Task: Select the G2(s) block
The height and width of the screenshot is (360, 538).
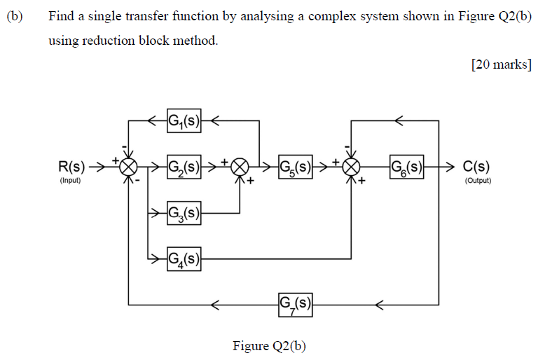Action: (184, 167)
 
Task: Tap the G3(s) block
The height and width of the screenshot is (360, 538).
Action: (184, 212)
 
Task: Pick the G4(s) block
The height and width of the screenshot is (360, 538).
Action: (184, 258)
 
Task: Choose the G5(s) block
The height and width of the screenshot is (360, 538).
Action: (295, 167)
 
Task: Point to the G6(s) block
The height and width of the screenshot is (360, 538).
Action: (406, 167)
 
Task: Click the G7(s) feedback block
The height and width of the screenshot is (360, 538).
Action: (295, 304)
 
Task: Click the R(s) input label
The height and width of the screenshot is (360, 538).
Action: (71, 167)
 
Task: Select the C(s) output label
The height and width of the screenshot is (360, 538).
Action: (476, 167)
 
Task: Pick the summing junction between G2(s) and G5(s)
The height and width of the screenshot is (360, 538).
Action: (240, 167)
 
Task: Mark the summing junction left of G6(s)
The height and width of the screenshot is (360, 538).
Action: (351, 167)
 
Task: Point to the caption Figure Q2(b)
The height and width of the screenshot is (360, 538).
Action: (269, 346)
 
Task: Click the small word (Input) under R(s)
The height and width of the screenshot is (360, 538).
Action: (70, 181)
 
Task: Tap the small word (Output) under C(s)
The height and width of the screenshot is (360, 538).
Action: (478, 181)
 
